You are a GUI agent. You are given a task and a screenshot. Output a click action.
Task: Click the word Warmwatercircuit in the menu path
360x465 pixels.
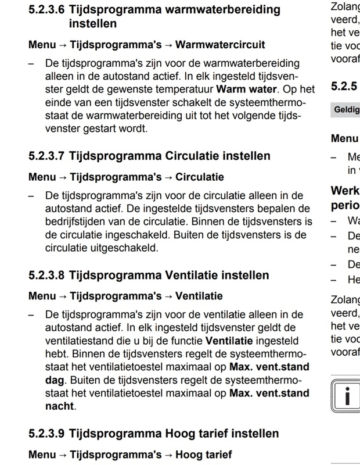(220, 44)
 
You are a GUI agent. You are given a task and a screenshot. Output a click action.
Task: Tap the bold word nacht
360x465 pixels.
(60, 406)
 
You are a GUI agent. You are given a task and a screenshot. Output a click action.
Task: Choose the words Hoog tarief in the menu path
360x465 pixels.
(203, 454)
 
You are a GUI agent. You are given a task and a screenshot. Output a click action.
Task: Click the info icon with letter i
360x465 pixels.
(345, 396)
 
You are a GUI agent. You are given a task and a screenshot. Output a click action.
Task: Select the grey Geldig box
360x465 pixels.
(345, 109)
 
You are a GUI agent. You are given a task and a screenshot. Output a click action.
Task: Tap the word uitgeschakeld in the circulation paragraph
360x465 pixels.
(124, 247)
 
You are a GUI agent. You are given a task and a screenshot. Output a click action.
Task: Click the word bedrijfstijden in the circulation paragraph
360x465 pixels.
(75, 221)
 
